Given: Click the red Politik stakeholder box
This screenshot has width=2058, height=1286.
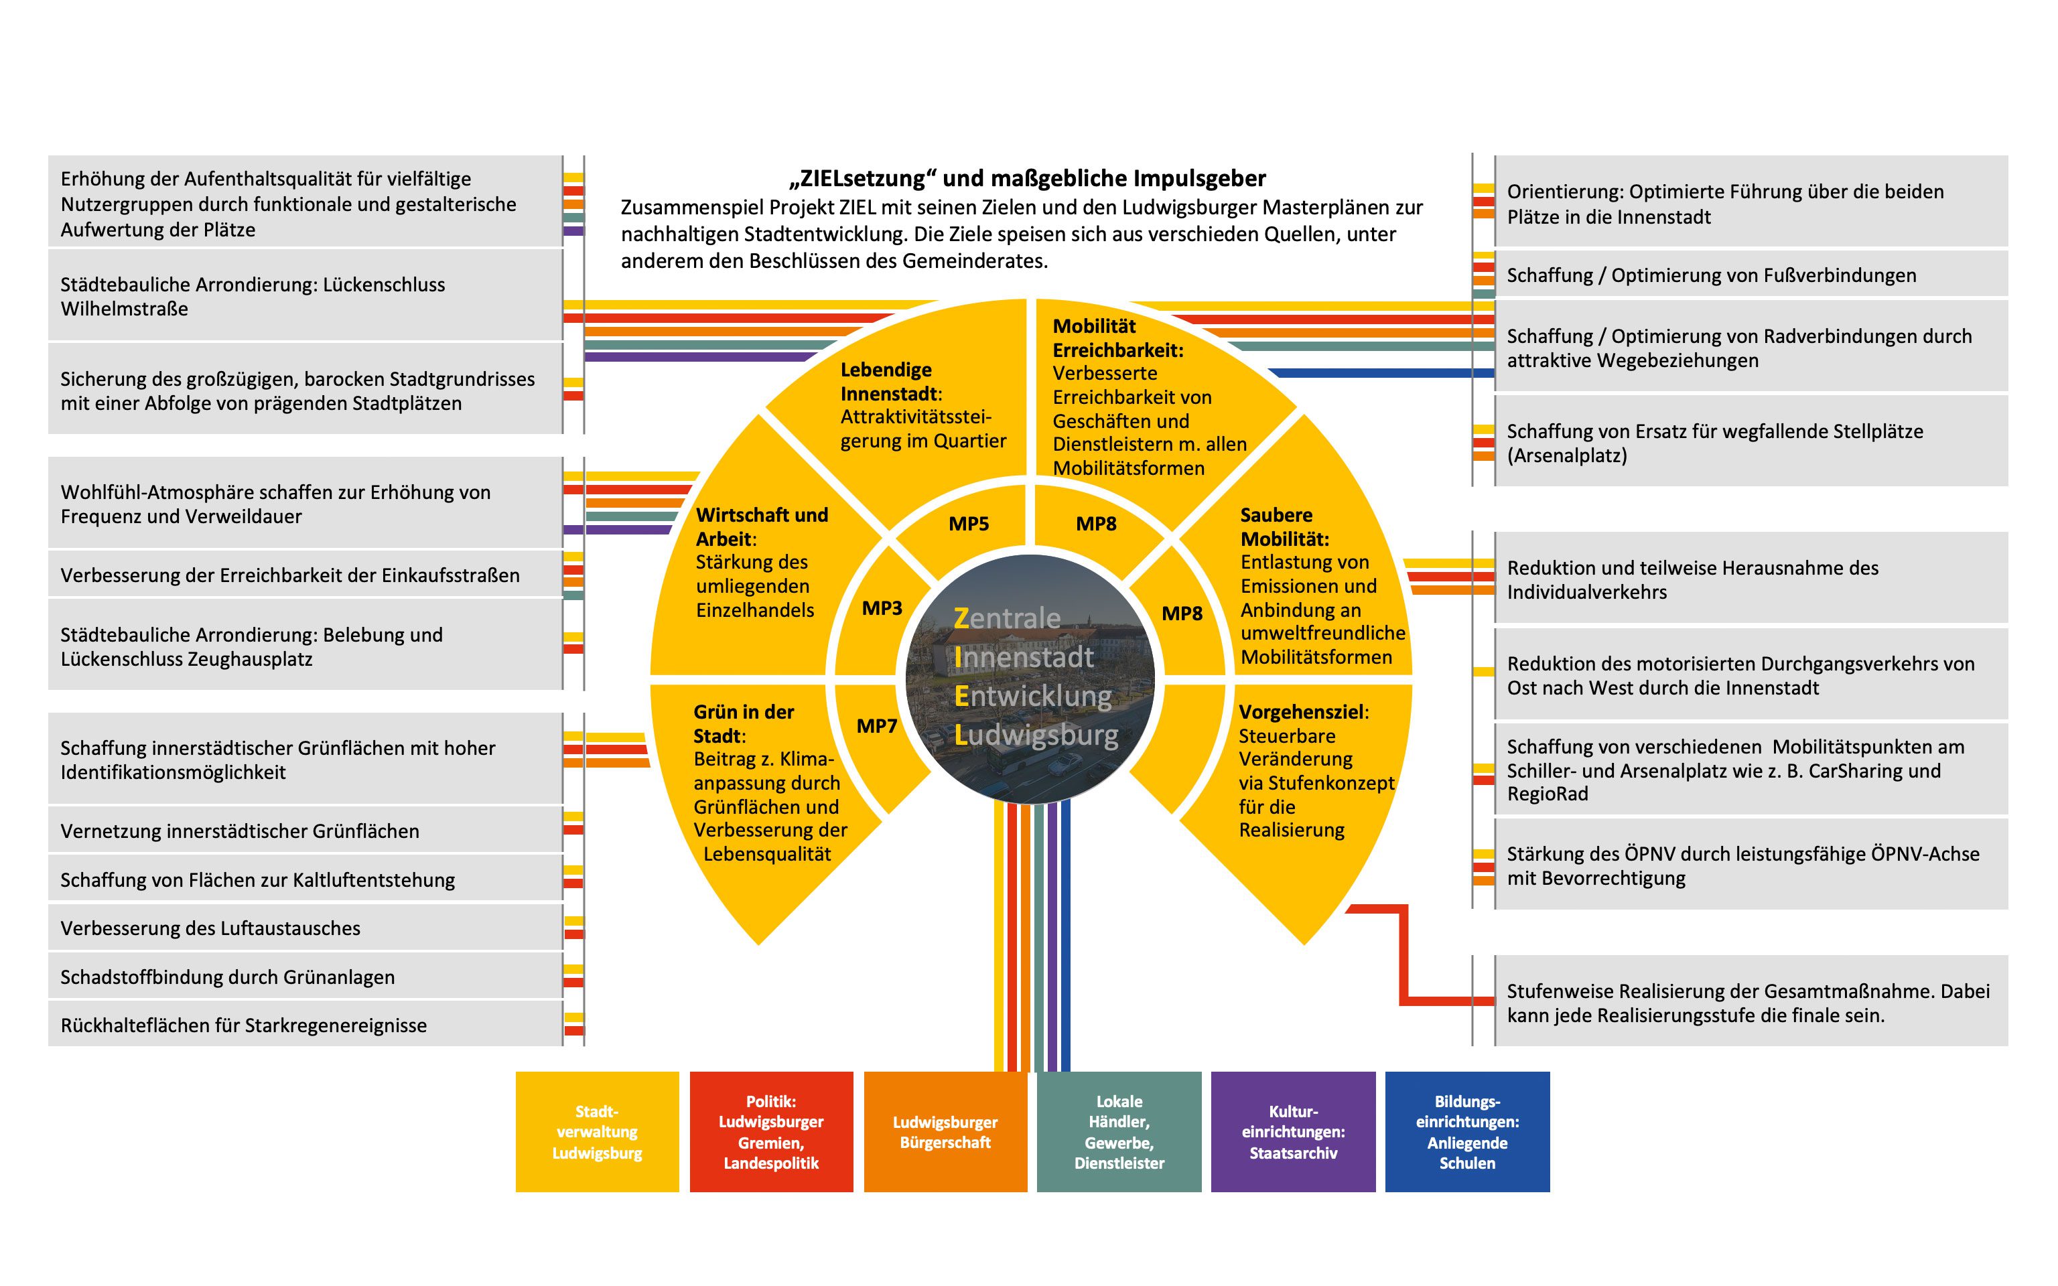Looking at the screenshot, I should tap(770, 1131).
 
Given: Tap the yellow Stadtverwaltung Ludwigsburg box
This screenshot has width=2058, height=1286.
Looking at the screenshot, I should tap(597, 1131).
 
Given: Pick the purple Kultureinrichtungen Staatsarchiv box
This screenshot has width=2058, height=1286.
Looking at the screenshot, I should tap(1293, 1131).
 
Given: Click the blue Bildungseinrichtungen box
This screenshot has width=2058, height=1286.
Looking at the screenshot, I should tap(1467, 1131).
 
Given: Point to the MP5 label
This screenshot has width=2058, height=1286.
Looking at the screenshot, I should tap(969, 524).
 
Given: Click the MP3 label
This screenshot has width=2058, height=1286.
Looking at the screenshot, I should tap(882, 608).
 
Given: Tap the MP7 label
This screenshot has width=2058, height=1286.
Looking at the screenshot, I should tap(877, 725).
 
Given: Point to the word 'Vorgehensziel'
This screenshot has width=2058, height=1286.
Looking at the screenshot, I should tap(1301, 712).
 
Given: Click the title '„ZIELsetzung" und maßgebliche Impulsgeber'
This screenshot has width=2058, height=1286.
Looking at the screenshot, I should tap(1027, 179).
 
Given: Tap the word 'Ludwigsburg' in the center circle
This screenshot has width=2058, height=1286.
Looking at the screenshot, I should tap(1036, 735).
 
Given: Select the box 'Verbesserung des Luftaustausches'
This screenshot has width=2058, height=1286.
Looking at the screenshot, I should tap(304, 928).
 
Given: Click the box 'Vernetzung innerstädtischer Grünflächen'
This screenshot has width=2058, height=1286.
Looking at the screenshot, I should tap(304, 831).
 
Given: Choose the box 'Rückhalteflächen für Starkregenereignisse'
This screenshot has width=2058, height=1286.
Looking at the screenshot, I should tap(304, 1025).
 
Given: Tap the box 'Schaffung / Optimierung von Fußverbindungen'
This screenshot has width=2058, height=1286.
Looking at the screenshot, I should tap(1750, 275).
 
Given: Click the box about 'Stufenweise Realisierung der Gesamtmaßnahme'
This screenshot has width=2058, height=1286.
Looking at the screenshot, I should tap(1750, 1003).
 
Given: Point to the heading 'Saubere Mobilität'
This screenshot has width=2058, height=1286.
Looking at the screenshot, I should tap(1284, 526).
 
